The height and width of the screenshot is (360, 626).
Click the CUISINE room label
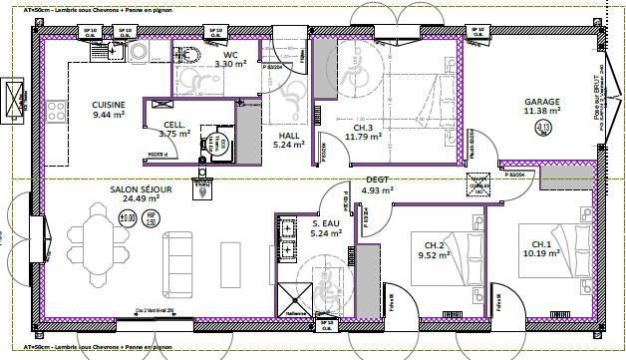click(108, 104)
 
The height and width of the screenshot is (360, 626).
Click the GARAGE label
click(543, 101)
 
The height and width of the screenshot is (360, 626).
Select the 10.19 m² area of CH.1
click(542, 253)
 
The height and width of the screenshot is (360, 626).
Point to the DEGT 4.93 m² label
click(377, 184)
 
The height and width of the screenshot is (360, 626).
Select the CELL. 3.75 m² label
click(175, 129)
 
